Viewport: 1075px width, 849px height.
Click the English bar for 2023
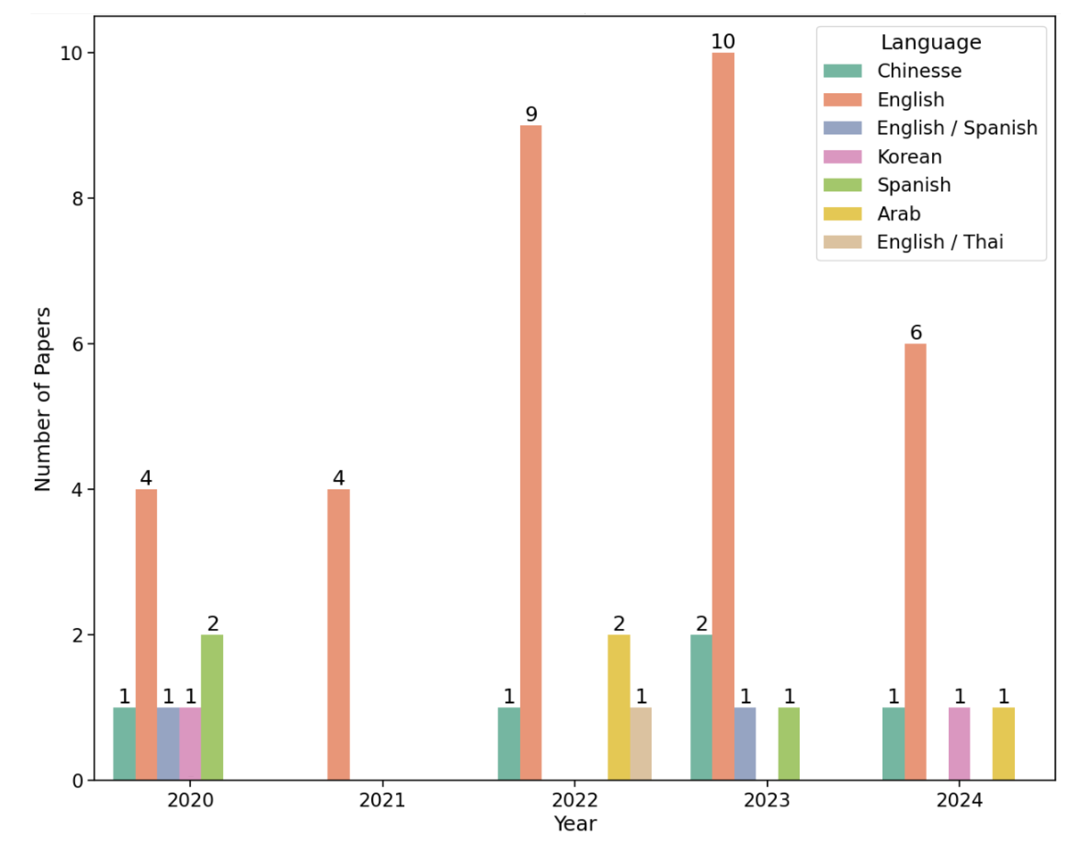(723, 416)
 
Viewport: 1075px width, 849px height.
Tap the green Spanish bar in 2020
(212, 707)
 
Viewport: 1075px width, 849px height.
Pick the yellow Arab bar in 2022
(618, 707)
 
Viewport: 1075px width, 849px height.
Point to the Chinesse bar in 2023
(701, 707)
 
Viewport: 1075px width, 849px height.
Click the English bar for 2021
(338, 634)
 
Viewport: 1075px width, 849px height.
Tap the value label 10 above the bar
(723, 41)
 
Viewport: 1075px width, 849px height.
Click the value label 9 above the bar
(531, 114)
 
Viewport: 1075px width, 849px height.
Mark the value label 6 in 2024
(916, 332)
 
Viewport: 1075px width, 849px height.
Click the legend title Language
(931, 43)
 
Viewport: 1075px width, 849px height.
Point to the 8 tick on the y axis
(77, 198)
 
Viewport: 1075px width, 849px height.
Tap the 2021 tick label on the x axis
(382, 800)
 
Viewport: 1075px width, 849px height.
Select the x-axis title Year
(575, 824)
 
